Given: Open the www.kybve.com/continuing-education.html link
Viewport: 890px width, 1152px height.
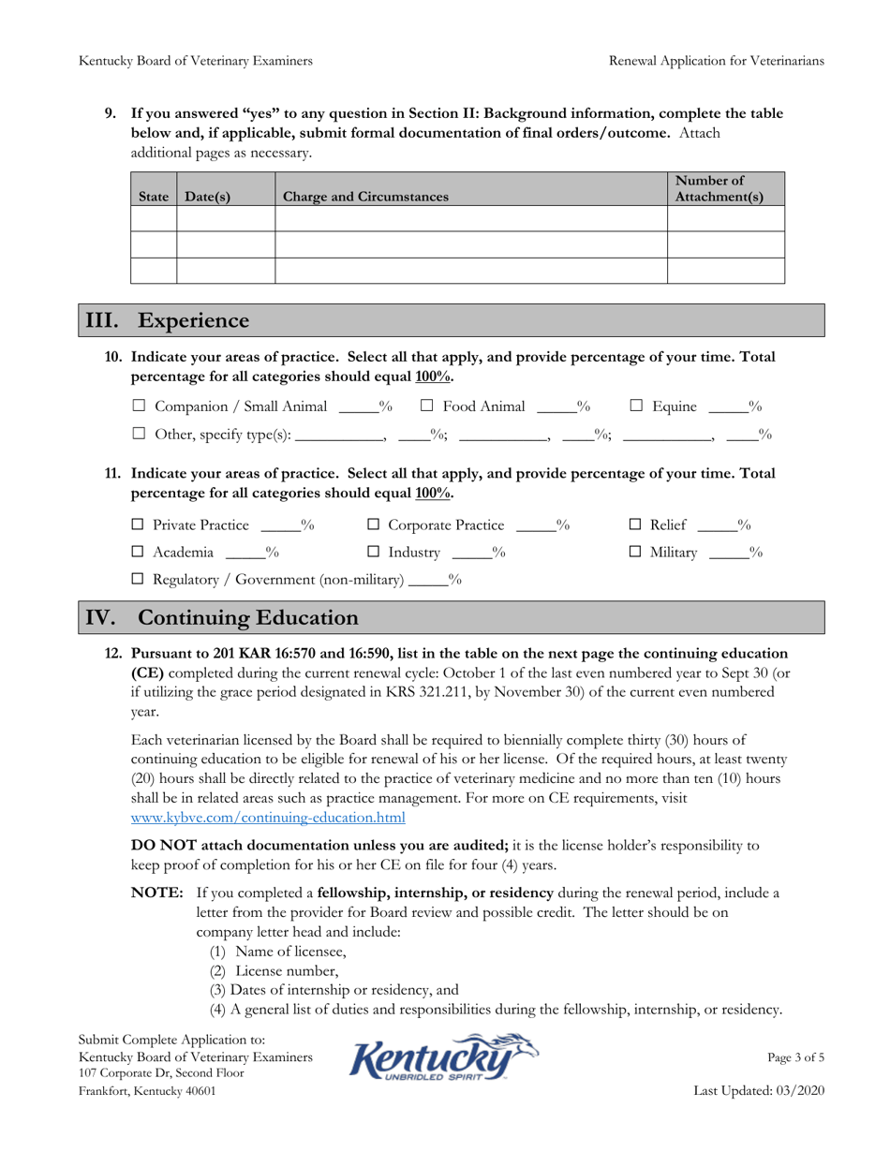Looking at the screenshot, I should pyautogui.click(x=268, y=818).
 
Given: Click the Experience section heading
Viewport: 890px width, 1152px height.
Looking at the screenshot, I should pyautogui.click(x=193, y=321).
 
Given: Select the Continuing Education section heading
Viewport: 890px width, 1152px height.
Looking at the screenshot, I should pyautogui.click(x=247, y=618).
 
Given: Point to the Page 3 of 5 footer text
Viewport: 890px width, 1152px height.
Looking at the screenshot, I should pyautogui.click(x=795, y=1058).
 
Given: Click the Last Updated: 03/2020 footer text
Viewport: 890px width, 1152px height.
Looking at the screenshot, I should pyautogui.click(x=759, y=1091).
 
